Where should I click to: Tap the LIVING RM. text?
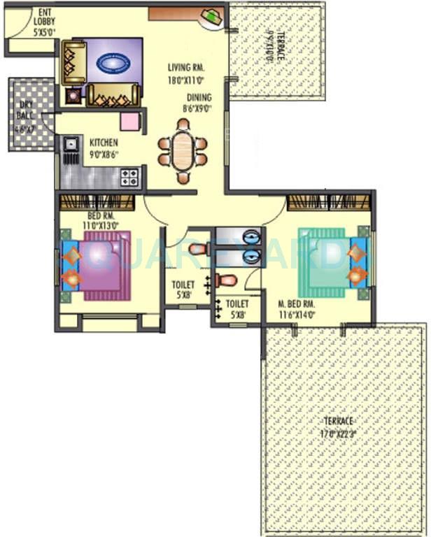click(x=185, y=68)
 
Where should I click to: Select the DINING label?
click(x=199, y=98)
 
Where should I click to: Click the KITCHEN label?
click(x=103, y=142)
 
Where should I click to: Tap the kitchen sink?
click(x=71, y=145)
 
